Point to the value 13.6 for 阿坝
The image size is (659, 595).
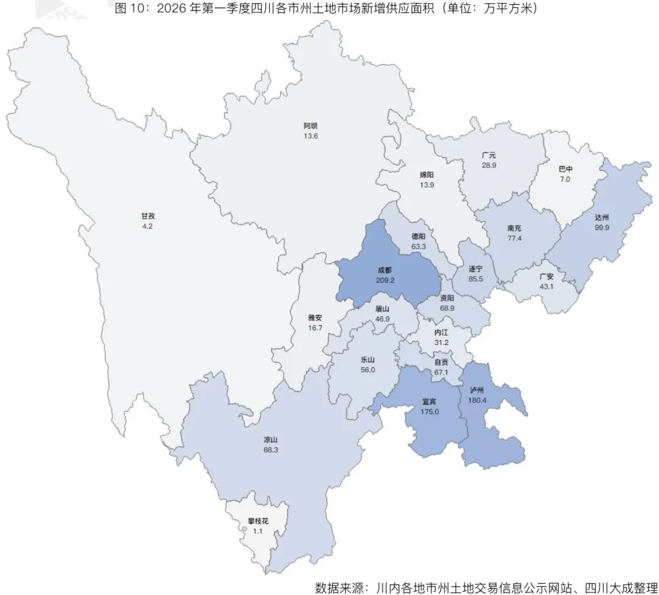311,135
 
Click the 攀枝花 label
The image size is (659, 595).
258,522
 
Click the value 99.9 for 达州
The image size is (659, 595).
602,227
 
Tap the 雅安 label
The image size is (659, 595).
315,317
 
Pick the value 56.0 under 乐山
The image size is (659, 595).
368,369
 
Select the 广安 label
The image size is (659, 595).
546,276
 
